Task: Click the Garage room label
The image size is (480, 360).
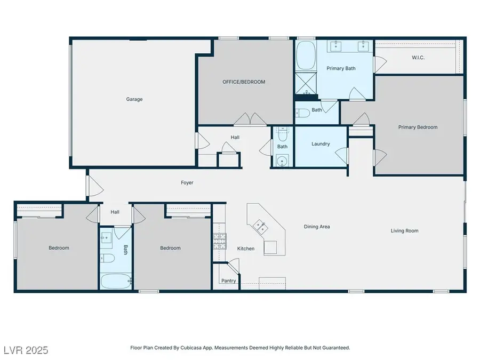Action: [134, 99]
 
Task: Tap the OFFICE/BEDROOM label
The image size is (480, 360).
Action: [244, 82]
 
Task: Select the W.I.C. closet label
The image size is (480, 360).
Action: [418, 58]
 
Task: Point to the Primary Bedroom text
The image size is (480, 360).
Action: [418, 127]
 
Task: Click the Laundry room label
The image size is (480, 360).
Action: [321, 144]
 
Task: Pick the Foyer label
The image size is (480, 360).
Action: [187, 183]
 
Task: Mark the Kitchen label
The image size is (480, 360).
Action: [246, 249]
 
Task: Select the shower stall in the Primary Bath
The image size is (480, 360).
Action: [306, 84]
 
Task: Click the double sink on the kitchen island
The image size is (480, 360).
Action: [261, 227]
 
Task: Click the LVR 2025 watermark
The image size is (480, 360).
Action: [25, 350]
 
